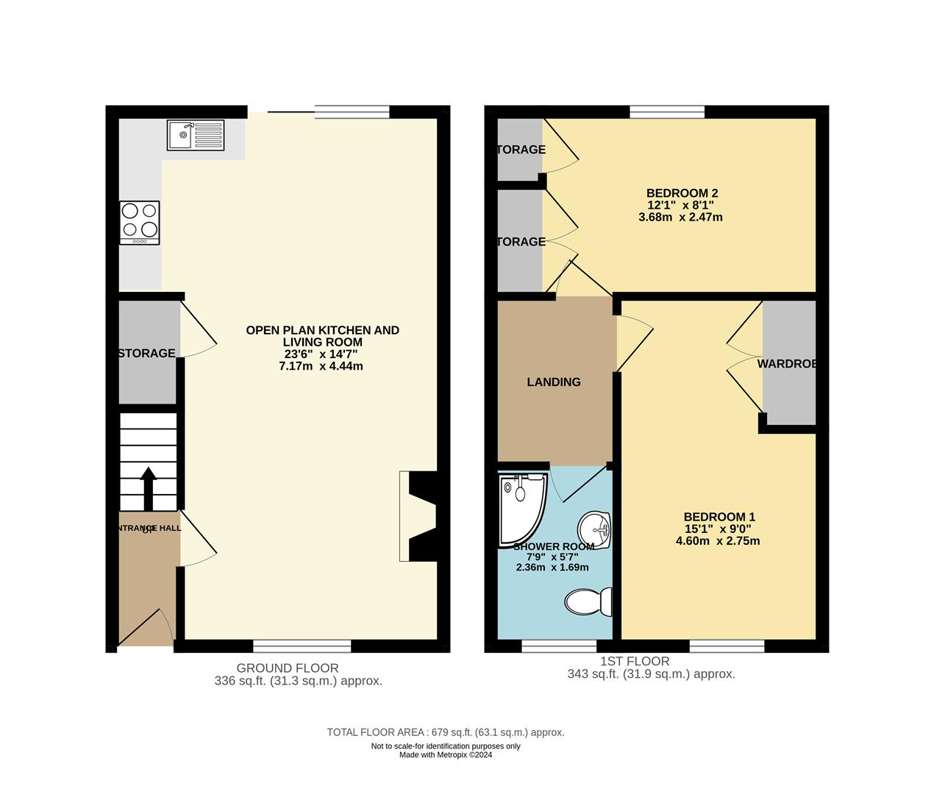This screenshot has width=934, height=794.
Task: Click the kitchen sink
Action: (x=196, y=135)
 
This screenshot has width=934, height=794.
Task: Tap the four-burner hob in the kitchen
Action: (x=140, y=222)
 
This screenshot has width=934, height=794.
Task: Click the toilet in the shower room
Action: (x=589, y=601)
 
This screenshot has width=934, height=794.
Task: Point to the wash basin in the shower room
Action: (x=595, y=529)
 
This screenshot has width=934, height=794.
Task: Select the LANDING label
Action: (x=554, y=382)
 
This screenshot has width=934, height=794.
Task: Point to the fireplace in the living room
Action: (x=418, y=516)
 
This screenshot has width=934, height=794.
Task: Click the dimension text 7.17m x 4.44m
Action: (x=321, y=366)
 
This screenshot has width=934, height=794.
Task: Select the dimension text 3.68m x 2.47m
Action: (x=680, y=217)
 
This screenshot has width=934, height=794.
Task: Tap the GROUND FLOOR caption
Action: (x=288, y=668)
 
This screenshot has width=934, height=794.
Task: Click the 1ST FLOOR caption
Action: (x=635, y=661)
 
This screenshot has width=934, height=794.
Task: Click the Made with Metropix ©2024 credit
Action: (x=446, y=755)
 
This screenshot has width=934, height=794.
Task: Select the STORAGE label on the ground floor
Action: (x=147, y=354)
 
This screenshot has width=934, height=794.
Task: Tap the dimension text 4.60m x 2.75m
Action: (x=718, y=541)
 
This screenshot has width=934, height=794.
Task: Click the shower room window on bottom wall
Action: (x=559, y=646)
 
